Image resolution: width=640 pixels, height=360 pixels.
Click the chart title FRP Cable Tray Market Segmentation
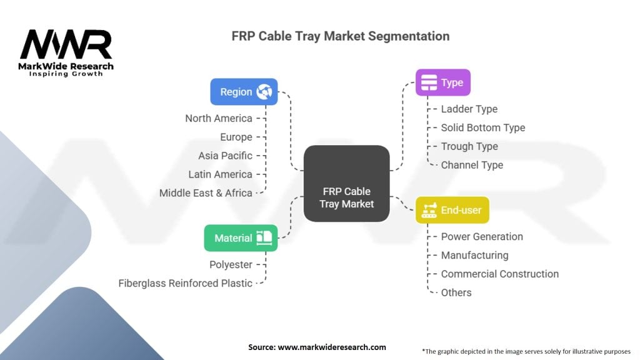click(x=340, y=36)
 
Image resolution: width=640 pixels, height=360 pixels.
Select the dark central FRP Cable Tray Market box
click(x=346, y=183)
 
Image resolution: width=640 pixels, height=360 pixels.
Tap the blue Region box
click(x=244, y=92)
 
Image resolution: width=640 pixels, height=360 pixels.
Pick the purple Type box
click(x=442, y=82)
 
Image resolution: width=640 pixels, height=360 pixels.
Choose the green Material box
click(x=241, y=238)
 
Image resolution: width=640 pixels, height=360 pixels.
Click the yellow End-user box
click(x=452, y=210)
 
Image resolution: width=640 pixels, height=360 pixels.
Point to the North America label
click(x=219, y=118)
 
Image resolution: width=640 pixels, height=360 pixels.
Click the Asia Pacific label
click(x=225, y=156)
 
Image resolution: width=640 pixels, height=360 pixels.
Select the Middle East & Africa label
click(x=206, y=193)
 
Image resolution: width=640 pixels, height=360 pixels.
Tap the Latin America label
click(x=220, y=174)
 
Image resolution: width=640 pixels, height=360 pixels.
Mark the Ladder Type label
click(x=469, y=109)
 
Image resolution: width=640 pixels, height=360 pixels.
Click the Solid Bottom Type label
click(x=482, y=127)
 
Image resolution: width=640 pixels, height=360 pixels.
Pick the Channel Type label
click(x=472, y=165)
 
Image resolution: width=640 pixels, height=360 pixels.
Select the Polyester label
click(x=231, y=264)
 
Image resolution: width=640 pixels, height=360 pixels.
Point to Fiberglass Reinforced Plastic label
click(x=186, y=283)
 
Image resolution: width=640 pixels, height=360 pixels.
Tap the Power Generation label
click(x=482, y=236)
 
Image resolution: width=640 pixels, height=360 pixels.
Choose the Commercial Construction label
click(x=499, y=274)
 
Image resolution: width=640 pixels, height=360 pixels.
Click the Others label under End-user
click(x=456, y=292)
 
